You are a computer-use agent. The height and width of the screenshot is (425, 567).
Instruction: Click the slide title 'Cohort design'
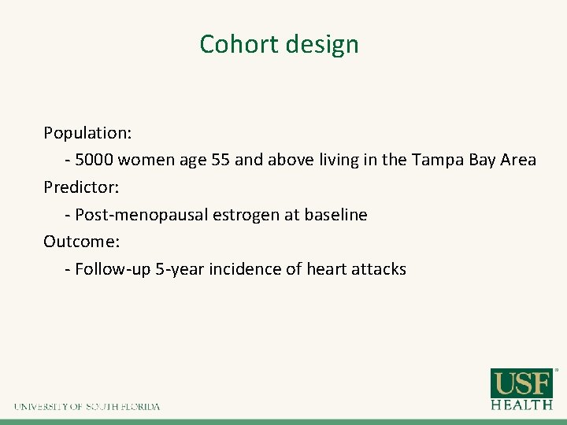tap(279, 44)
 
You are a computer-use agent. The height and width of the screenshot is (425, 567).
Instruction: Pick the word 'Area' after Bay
tap(517, 160)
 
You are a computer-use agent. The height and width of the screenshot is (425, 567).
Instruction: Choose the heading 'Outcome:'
tap(80, 242)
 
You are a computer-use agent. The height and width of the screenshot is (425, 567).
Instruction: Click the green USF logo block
tap(522, 383)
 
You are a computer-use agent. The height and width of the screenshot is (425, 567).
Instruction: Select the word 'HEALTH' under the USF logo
tap(522, 405)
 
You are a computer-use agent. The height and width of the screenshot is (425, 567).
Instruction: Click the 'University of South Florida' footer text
tap(87, 407)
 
